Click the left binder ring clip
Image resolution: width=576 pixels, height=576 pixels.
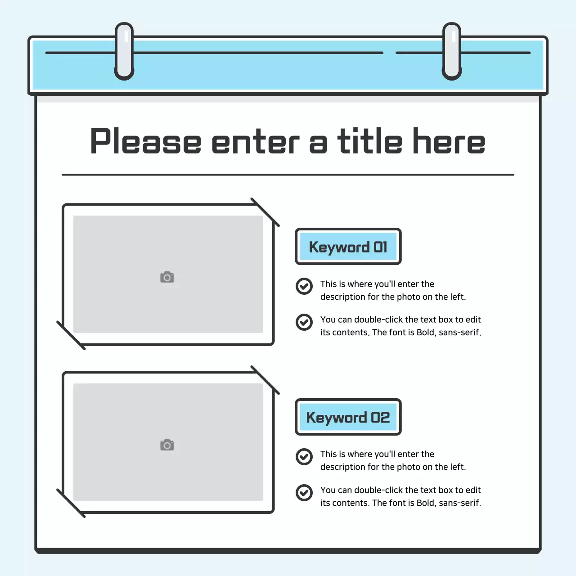tap(124, 51)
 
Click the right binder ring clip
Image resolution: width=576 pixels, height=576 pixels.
tap(452, 51)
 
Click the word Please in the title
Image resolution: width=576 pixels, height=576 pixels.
tap(146, 142)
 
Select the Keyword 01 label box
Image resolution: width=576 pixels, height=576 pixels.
tap(348, 247)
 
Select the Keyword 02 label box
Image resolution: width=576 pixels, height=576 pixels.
tap(348, 417)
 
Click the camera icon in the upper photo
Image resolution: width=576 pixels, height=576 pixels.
tap(167, 277)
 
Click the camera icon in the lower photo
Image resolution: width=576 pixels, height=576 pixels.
tap(167, 445)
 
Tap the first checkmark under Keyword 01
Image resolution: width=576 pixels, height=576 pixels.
tap(304, 286)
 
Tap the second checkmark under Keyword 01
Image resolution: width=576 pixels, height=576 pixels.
tap(304, 322)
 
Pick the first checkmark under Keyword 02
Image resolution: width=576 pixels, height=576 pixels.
tap(304, 456)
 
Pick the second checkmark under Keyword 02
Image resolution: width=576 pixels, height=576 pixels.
tap(304, 492)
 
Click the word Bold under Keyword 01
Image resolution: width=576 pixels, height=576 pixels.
tap(425, 333)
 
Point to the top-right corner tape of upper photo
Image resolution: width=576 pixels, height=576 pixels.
tap(265, 212)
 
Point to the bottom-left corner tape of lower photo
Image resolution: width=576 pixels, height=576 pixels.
tap(71, 503)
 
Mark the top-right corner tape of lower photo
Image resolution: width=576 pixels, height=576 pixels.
tap(265, 380)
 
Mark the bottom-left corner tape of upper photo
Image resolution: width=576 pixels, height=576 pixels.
tap(71, 335)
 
